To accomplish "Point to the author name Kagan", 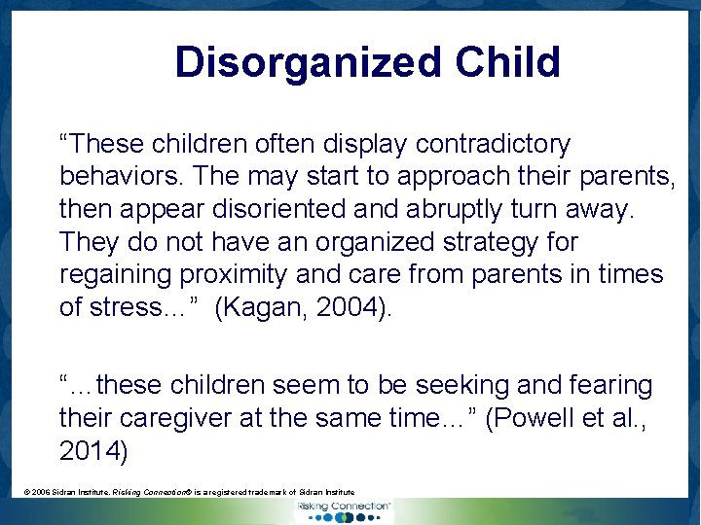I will (x=257, y=307).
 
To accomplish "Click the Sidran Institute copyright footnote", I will (x=189, y=493).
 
